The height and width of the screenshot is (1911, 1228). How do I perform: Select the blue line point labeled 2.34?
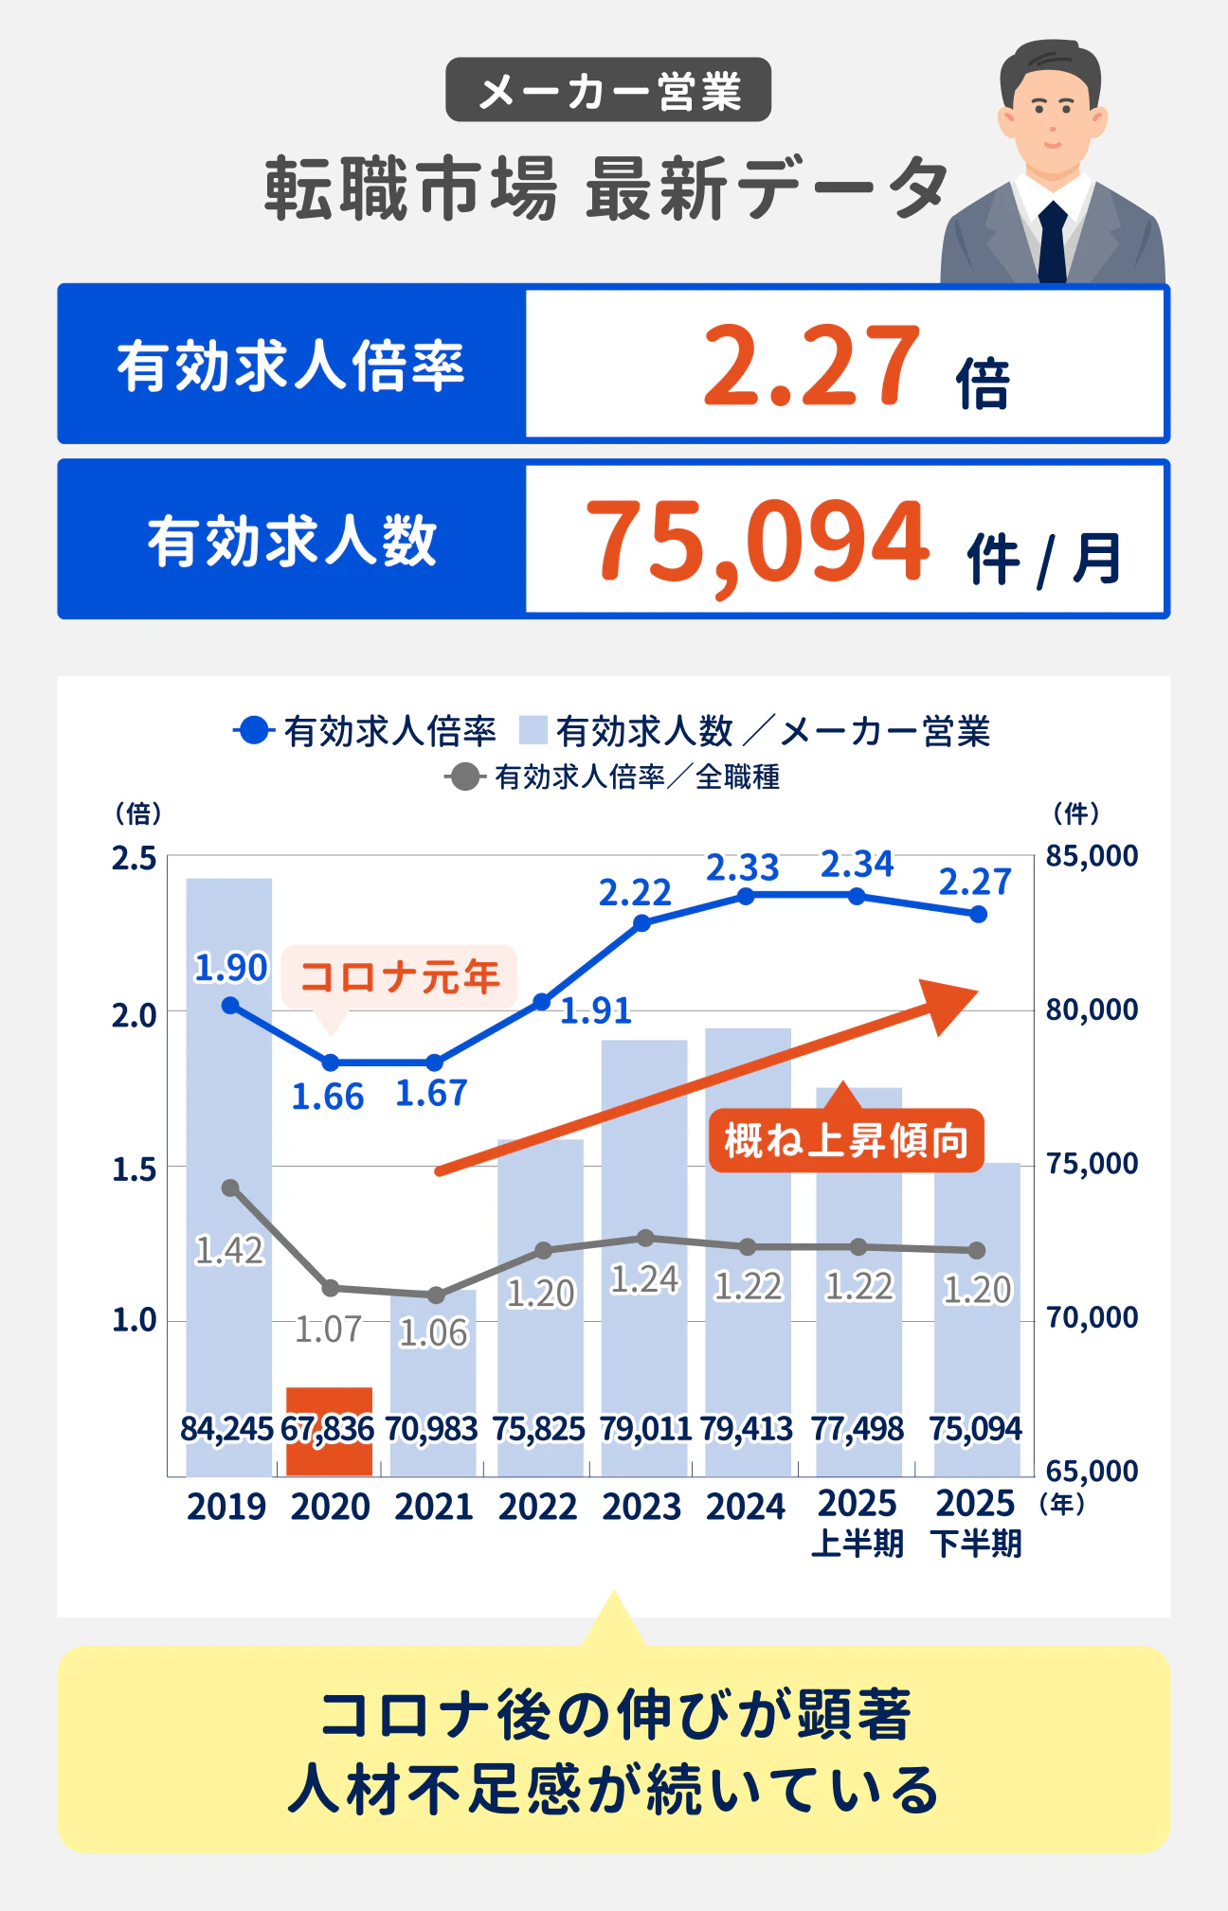point(858,896)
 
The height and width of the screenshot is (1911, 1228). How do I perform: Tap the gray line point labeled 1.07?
point(331,1288)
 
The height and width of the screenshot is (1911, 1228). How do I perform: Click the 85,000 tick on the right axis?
point(1092,856)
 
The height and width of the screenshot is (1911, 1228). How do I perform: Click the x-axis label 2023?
point(641,1507)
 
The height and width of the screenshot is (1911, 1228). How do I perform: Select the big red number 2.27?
point(811,366)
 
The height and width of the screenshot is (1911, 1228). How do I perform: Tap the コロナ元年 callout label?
point(399,976)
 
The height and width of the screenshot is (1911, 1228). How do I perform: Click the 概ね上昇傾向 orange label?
point(846,1140)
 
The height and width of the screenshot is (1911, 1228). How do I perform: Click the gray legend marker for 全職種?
point(463,777)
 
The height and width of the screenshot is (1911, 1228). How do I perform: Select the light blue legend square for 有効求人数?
point(533,731)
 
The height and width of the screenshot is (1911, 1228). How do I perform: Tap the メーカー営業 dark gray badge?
point(608,90)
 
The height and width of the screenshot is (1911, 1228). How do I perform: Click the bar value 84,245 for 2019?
point(226,1428)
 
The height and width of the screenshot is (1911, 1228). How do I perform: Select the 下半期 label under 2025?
point(976,1545)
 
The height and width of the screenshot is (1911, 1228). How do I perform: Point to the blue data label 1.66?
point(327,1097)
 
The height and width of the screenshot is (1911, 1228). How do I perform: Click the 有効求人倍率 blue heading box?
point(291,365)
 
